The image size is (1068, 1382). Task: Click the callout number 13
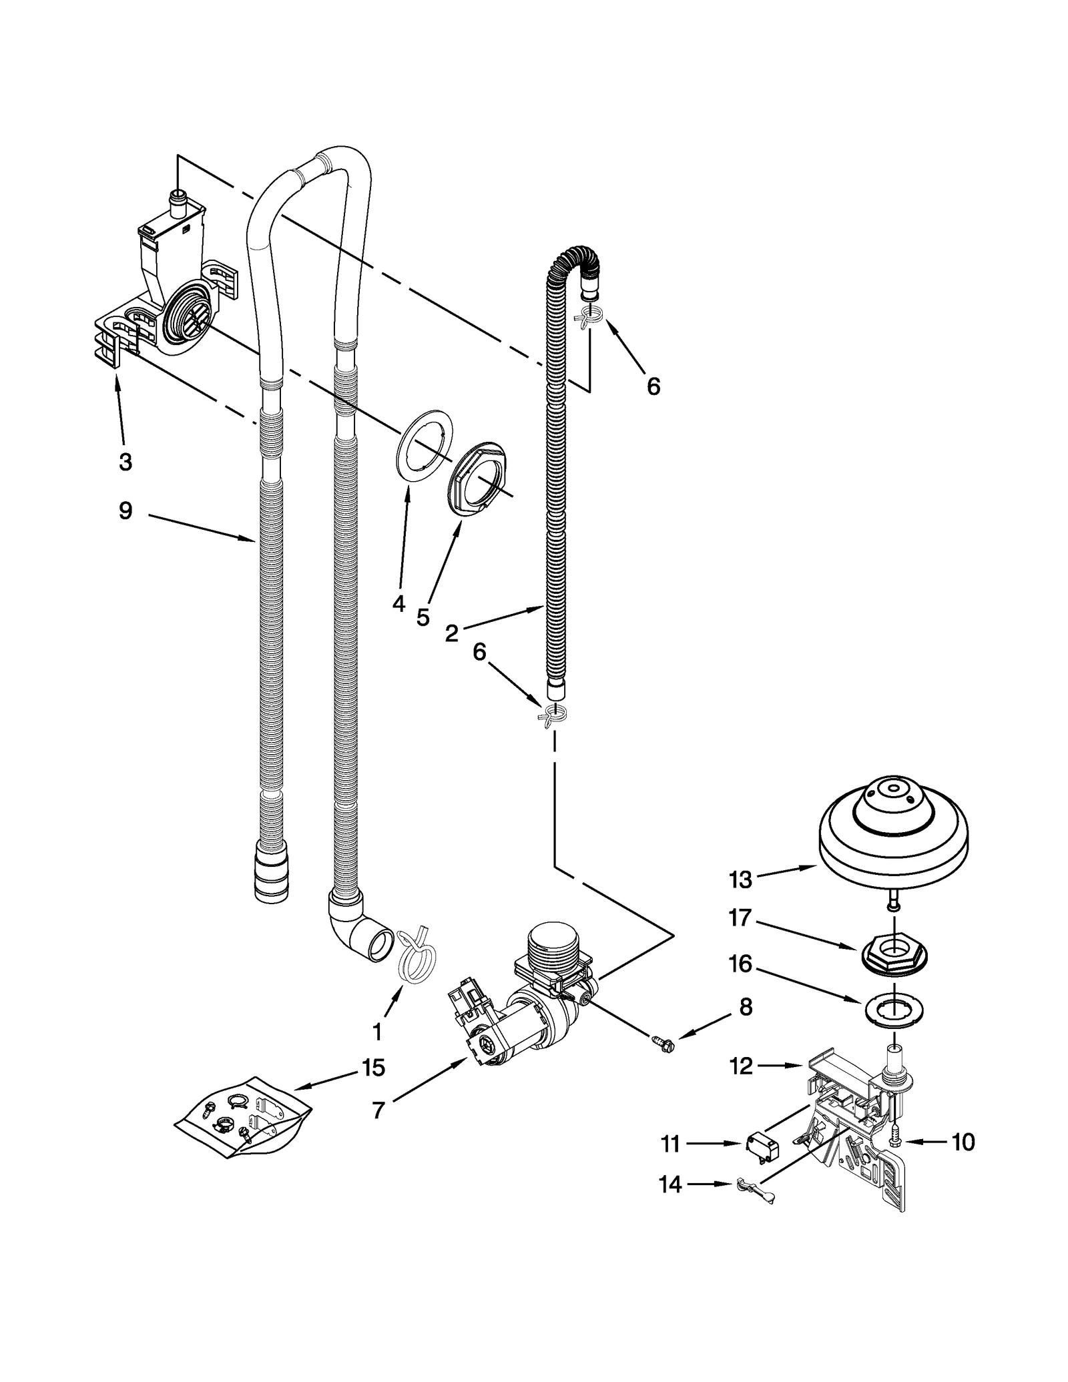pyautogui.click(x=740, y=880)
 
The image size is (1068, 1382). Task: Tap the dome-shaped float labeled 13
pyautogui.click(x=892, y=830)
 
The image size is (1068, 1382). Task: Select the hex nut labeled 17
pyautogui.click(x=893, y=949)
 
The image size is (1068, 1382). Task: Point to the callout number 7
pyautogui.click(x=378, y=1110)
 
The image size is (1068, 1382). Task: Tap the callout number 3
pyautogui.click(x=125, y=461)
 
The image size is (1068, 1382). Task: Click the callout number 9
pyautogui.click(x=125, y=511)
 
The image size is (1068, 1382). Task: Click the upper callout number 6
pyautogui.click(x=653, y=386)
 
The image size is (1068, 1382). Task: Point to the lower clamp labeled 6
pyautogui.click(x=553, y=714)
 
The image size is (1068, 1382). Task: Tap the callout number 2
pyautogui.click(x=452, y=633)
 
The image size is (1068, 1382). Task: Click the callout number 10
pyautogui.click(x=963, y=1142)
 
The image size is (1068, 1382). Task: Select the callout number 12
pyautogui.click(x=742, y=1066)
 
